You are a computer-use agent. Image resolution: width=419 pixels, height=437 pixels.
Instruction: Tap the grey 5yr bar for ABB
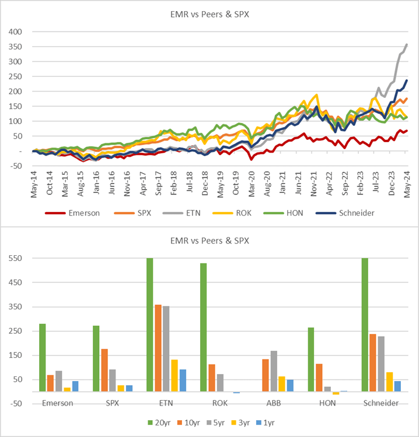point(274,371)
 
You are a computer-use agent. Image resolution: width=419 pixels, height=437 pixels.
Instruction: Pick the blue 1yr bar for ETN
point(183,380)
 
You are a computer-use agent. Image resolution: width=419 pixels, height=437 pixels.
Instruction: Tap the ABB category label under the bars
point(274,403)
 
